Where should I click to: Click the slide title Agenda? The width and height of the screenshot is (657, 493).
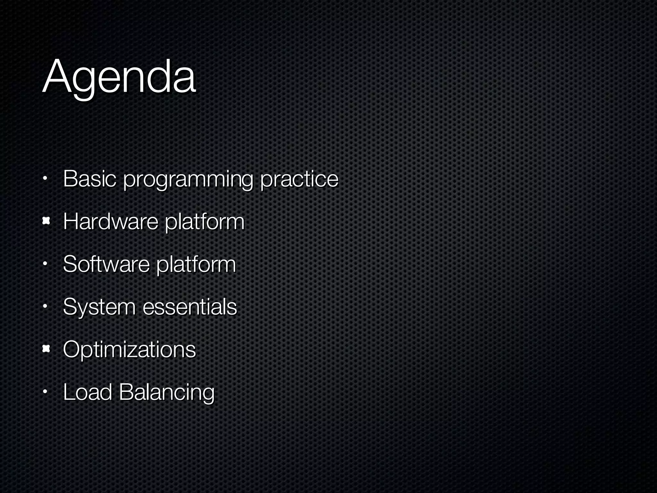[119, 77]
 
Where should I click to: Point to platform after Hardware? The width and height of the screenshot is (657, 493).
[204, 222]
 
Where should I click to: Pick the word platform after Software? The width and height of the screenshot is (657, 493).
[196, 265]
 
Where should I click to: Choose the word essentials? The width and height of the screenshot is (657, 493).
[190, 307]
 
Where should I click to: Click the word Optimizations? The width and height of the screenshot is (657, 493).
[129, 350]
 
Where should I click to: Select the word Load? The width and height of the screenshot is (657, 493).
[87, 392]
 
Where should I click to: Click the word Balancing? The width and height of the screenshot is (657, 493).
[166, 393]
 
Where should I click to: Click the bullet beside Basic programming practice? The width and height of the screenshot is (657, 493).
[46, 178]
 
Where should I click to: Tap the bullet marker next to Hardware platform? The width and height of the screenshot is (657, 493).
[46, 221]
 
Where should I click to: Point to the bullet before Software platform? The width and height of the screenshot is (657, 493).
[46, 264]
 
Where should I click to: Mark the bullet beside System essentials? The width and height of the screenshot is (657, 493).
[46, 306]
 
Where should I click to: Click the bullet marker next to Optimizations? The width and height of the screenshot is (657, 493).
[46, 349]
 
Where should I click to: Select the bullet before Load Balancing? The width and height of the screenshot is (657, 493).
[46, 392]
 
